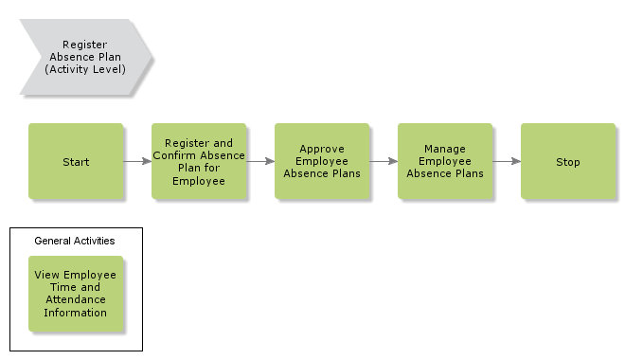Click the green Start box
tap(76, 161)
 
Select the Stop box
tap(568, 161)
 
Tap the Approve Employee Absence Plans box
tap(322, 161)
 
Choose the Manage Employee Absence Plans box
tap(445, 161)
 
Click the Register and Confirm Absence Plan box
tap(199, 161)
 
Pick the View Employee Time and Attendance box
tap(76, 294)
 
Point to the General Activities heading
tap(75, 241)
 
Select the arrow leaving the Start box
tap(137, 161)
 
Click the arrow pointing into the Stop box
tap(507, 161)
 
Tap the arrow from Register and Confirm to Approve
tap(260, 161)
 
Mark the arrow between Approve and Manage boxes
tap(384, 161)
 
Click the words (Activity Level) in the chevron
tap(85, 69)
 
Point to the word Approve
tap(322, 149)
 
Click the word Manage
tap(445, 149)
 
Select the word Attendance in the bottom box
tap(76, 300)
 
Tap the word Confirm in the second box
tap(176, 155)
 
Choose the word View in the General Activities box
tap(47, 276)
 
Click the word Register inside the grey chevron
tap(85, 44)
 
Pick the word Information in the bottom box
tap(76, 313)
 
